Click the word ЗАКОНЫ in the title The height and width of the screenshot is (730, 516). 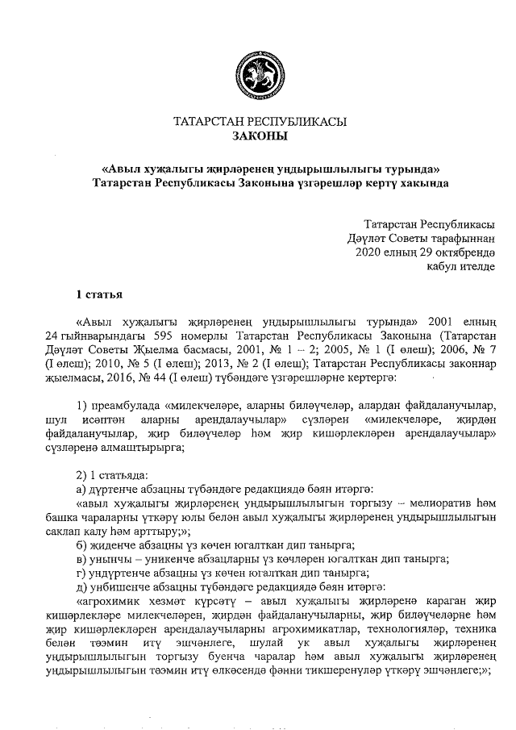pos(260,137)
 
